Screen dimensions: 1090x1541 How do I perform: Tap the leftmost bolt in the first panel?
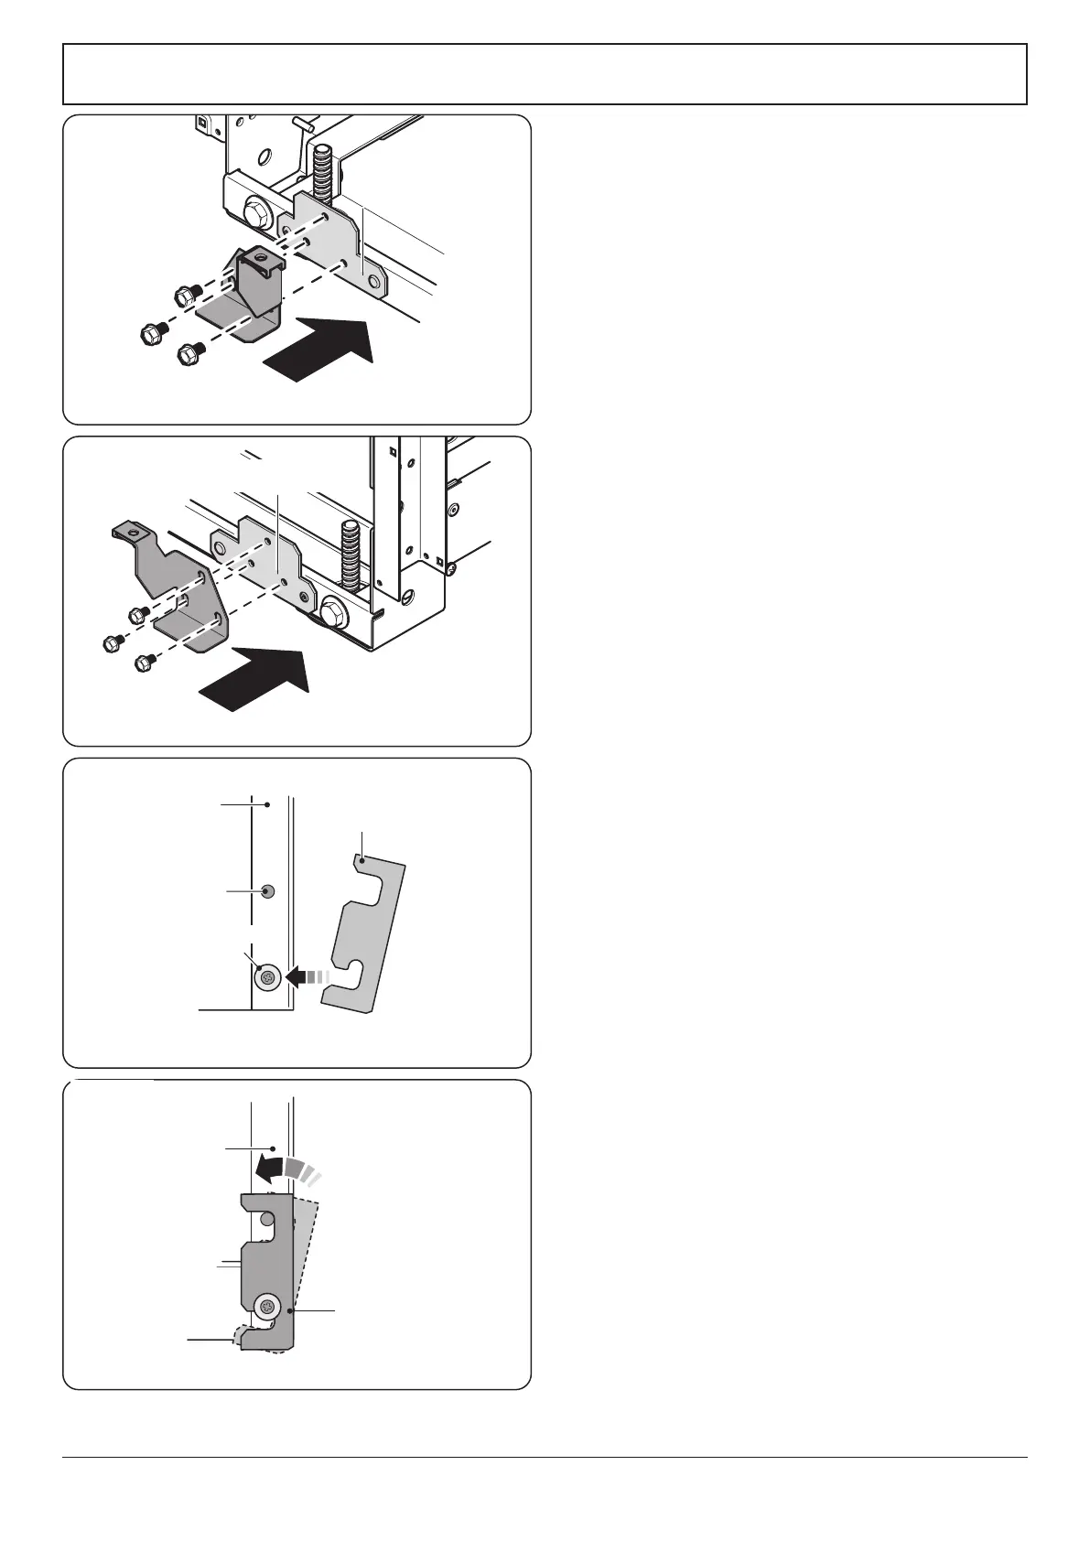[x=152, y=331]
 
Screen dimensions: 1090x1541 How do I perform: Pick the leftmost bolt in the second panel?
[x=111, y=644]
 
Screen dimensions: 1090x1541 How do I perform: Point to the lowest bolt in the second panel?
[x=144, y=662]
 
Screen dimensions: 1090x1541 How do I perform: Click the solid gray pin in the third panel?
[x=267, y=891]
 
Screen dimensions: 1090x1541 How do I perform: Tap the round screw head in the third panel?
[x=267, y=977]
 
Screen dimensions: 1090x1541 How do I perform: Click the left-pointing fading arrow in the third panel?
[x=307, y=977]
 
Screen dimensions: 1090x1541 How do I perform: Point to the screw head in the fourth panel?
[x=267, y=1305]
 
